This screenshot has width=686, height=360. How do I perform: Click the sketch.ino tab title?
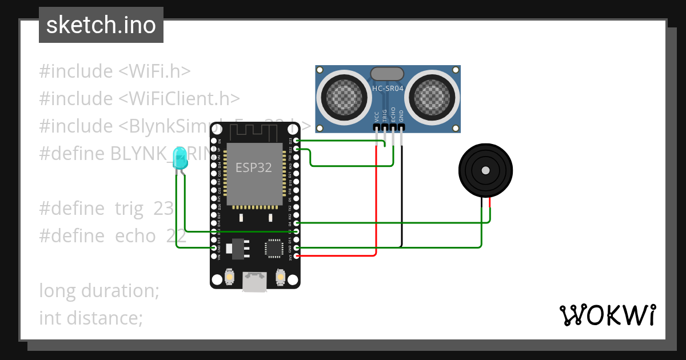(101, 25)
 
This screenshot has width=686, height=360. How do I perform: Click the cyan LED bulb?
(180, 158)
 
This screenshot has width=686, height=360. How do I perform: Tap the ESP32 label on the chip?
(254, 167)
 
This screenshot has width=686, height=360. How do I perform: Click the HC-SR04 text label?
(388, 88)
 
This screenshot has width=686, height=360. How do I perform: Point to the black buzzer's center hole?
(485, 170)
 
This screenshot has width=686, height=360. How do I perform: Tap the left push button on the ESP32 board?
(229, 277)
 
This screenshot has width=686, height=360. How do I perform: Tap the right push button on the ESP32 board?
(280, 277)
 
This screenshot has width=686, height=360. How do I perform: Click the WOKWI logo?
(607, 315)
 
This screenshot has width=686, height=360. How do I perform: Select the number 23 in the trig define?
(163, 209)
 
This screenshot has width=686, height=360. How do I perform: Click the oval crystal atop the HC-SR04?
(388, 73)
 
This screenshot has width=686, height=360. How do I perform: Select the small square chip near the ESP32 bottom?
(273, 248)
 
